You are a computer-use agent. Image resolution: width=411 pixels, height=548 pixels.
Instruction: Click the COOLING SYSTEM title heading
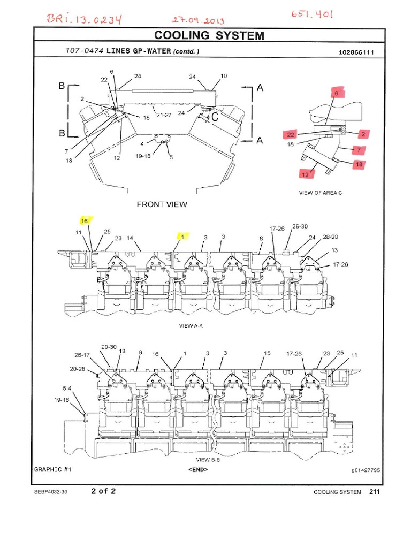point(209,36)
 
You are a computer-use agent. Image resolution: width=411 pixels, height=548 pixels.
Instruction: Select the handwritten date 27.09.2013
point(198,21)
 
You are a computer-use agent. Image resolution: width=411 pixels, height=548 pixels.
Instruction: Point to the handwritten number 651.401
point(312,14)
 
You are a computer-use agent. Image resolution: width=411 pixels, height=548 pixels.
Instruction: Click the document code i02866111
point(359,52)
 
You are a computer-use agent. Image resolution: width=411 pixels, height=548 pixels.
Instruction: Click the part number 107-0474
point(80,51)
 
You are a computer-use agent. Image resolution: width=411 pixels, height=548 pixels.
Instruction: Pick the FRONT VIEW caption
point(162,204)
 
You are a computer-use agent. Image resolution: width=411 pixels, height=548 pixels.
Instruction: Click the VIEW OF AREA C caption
point(318,193)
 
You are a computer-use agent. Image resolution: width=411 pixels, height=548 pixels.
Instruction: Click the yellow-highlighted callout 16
point(84,220)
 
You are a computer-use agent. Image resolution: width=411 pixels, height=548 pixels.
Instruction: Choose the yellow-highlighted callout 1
point(182,235)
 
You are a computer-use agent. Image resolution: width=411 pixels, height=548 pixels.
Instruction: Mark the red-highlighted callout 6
point(337,93)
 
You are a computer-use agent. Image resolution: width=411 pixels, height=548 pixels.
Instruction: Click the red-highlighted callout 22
point(291,134)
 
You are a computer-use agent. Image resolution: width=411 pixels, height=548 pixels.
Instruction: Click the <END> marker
point(198,469)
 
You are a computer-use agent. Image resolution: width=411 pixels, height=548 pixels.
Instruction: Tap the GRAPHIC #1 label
point(53,469)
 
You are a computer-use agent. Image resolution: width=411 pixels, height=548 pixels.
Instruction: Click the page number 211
point(374,492)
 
